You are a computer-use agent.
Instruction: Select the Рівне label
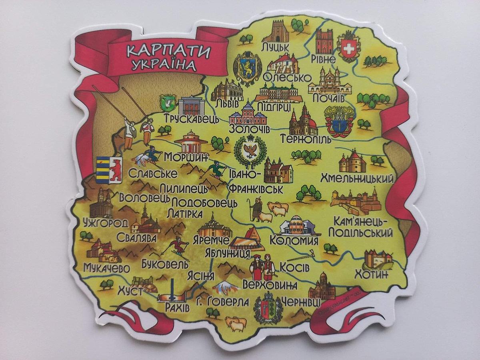tap(323, 59)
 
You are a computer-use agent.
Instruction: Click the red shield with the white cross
tap(348, 48)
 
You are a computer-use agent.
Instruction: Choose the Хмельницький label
tap(358, 178)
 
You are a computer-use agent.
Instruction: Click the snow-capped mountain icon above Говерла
tap(226, 287)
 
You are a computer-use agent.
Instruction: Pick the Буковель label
tap(165, 264)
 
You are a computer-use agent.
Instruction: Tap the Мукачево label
tap(107, 267)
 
